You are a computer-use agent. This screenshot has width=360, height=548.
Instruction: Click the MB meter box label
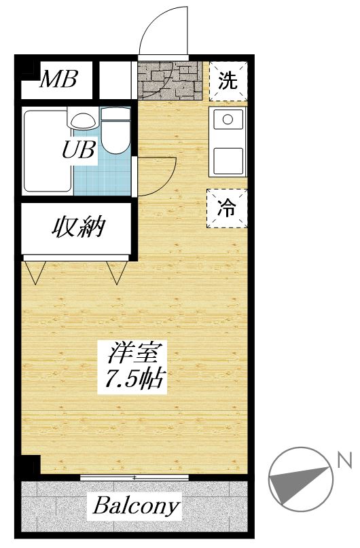pyautogui.click(x=57, y=80)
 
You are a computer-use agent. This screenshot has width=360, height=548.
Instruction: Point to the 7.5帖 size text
pyautogui.click(x=134, y=379)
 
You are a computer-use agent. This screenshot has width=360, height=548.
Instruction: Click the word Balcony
pyautogui.click(x=136, y=505)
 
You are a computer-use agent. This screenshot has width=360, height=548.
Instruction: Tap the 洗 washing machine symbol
pyautogui.click(x=228, y=81)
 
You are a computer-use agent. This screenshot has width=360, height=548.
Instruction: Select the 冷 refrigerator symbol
pyautogui.click(x=228, y=207)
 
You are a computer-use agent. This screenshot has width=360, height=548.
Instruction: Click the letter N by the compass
pyautogui.click(x=345, y=462)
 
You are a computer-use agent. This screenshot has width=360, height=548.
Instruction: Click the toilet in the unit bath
pyautogui.click(x=116, y=133)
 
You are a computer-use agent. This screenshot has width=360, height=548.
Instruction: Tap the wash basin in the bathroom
pyautogui.click(x=83, y=120)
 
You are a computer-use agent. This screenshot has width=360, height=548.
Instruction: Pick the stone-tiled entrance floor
pyautogui.click(x=170, y=79)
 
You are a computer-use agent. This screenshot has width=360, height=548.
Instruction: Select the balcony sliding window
pyautogui.click(x=134, y=477)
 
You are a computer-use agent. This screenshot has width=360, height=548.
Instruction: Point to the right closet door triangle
pyautogui.click(x=117, y=271)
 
